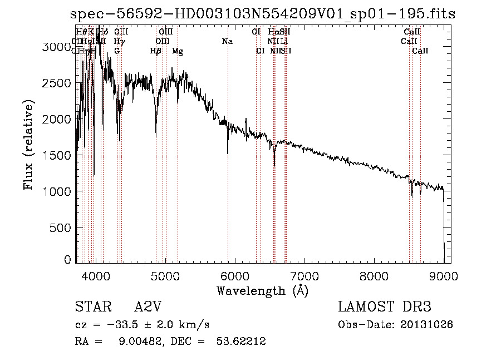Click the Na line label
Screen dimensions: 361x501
(227, 42)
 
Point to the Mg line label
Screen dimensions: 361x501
(178, 51)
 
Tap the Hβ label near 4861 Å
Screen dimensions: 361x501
(156, 51)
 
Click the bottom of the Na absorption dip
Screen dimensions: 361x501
(228, 153)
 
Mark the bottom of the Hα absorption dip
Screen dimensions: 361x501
(274, 166)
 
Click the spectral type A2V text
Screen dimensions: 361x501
(149, 307)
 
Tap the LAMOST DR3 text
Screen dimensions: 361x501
(385, 307)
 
